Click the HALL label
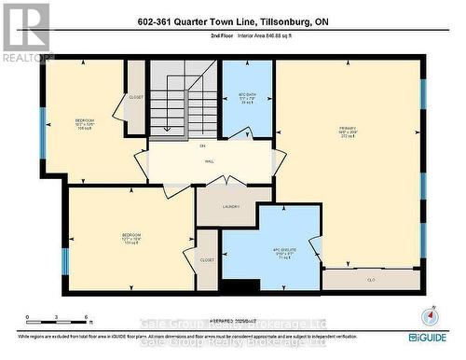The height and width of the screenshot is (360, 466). point(202,159)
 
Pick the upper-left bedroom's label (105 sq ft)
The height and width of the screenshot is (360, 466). point(86,124)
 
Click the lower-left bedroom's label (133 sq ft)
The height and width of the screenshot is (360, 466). point(131,238)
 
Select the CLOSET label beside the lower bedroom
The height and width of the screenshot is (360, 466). point(206,260)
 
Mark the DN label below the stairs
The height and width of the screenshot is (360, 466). point(202,145)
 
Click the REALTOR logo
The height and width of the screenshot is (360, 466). point(26,33)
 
